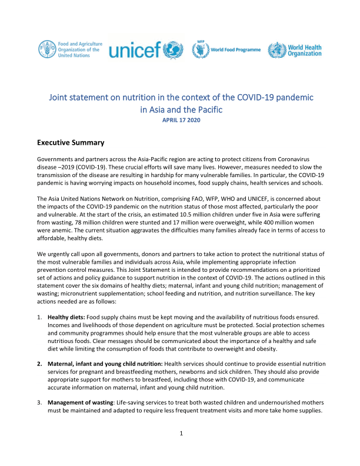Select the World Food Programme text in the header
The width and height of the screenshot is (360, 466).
pos(235,50)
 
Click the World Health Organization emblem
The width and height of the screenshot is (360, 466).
pos(278,50)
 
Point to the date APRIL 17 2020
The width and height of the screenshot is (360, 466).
pos(180,120)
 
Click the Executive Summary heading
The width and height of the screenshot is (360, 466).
pos(71,142)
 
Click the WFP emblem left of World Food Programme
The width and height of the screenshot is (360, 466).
pos(200,50)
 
